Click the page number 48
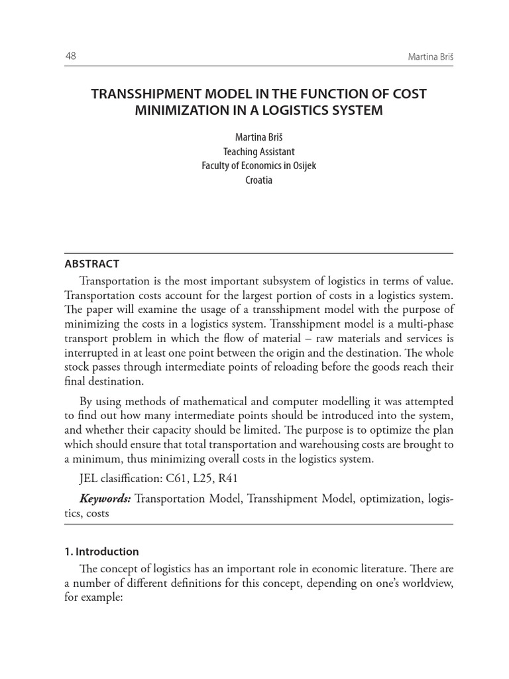click(70, 56)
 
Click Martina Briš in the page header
click(430, 58)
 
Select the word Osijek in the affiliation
click(301, 166)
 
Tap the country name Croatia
click(258, 180)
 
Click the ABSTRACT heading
click(91, 264)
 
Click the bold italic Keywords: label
click(105, 499)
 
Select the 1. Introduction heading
click(101, 552)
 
